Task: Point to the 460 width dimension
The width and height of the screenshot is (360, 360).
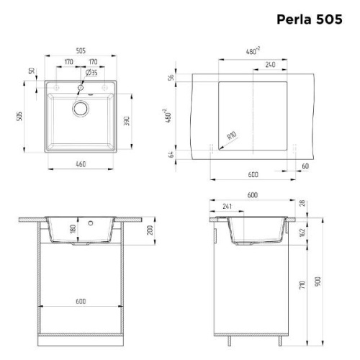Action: coord(80,165)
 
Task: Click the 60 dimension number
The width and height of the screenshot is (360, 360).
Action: coord(305,166)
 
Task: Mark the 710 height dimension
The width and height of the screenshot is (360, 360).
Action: coord(304,285)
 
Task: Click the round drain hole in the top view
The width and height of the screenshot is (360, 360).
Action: coord(80,109)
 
